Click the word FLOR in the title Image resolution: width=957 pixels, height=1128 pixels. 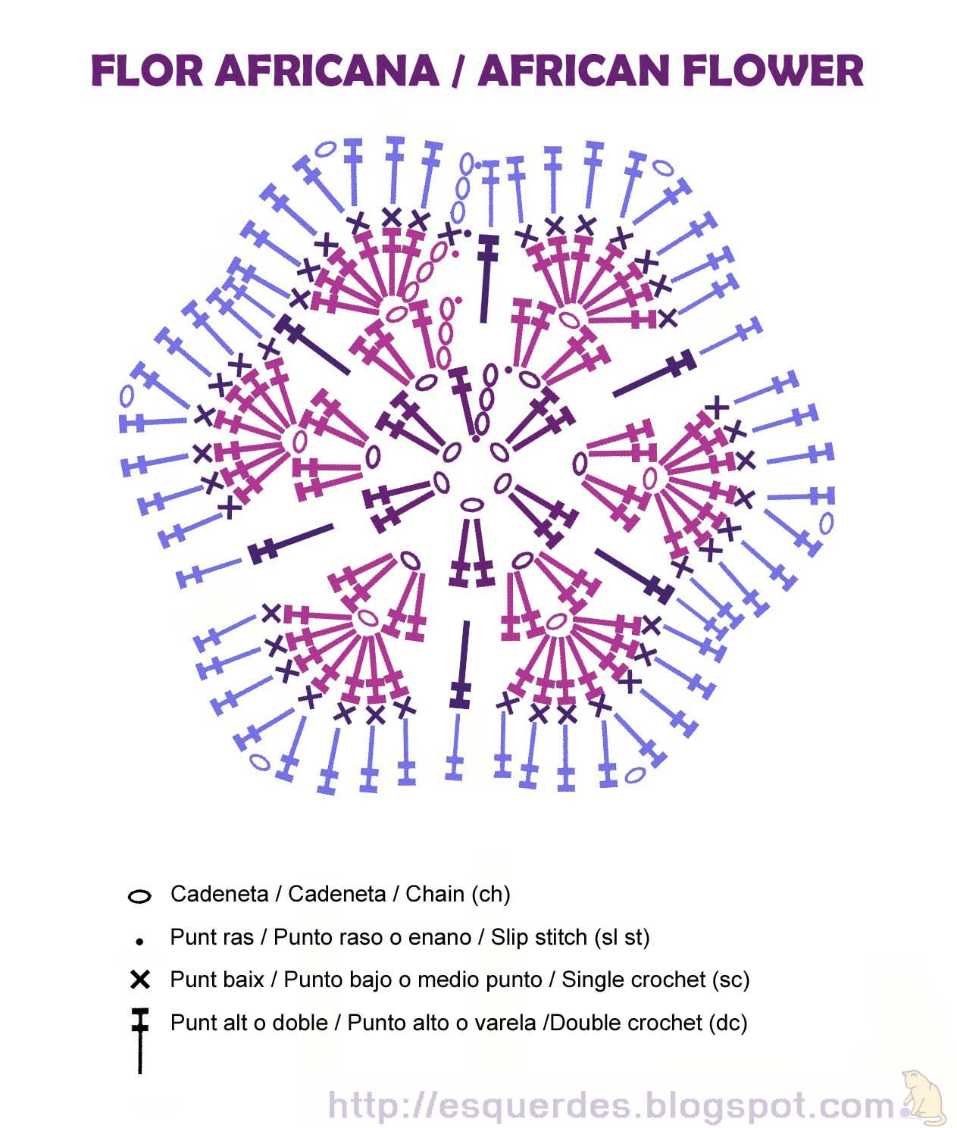[x=147, y=70]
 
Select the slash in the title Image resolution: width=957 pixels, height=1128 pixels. [x=458, y=70]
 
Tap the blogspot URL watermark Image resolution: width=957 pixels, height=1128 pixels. [x=611, y=1105]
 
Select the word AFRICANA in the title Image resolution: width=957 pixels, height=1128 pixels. [x=327, y=70]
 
